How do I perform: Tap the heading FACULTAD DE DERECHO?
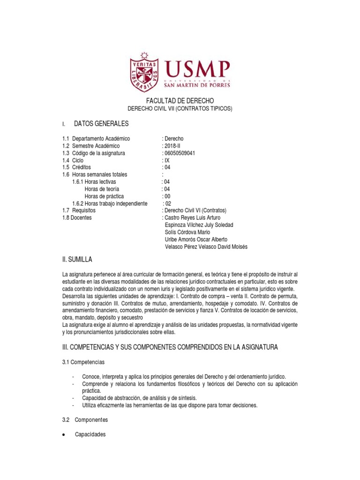click(x=180, y=101)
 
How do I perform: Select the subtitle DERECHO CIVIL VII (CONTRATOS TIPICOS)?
click(x=180, y=109)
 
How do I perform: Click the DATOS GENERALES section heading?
click(x=101, y=124)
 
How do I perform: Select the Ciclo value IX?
click(x=167, y=160)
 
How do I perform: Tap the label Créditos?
click(x=81, y=167)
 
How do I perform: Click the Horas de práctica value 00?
click(x=166, y=196)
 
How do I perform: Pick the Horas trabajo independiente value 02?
click(x=168, y=203)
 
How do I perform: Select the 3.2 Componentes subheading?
click(x=85, y=420)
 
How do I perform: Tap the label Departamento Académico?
click(x=101, y=139)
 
